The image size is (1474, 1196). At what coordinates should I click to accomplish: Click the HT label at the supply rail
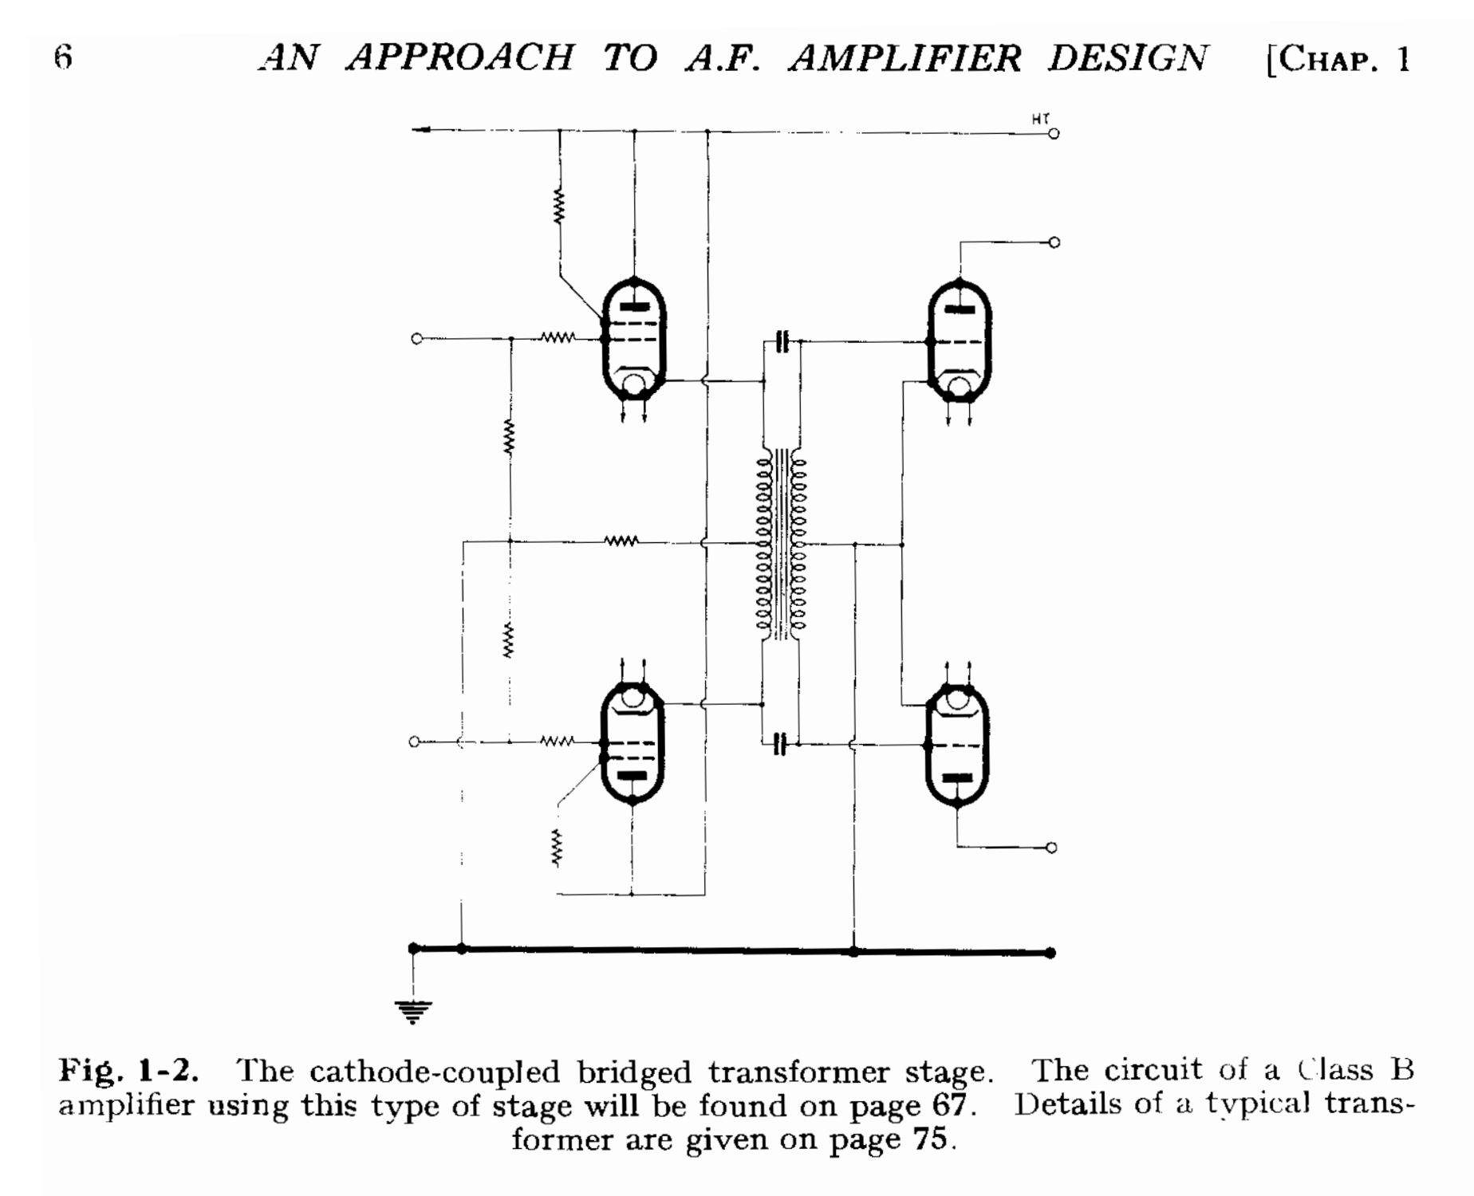1040,119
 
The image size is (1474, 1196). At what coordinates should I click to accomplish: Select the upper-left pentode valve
634,339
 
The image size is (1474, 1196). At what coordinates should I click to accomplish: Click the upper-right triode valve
960,340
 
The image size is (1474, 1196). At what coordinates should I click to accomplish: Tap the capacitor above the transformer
782,342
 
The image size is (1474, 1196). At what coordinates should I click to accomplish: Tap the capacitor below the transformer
780,745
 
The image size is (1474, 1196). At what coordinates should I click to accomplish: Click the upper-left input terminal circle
416,339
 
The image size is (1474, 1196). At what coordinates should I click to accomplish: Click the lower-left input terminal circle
414,742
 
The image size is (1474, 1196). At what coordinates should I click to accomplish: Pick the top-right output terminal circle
1054,242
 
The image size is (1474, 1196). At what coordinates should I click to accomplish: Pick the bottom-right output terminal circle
1051,848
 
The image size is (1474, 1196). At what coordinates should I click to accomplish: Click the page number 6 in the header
64,57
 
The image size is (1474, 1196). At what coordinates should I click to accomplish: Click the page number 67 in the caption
950,1105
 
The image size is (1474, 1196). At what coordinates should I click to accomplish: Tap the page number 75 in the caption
930,1139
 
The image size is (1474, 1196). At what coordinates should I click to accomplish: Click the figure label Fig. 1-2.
128,1071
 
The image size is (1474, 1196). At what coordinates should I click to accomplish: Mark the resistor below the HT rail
559,207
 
